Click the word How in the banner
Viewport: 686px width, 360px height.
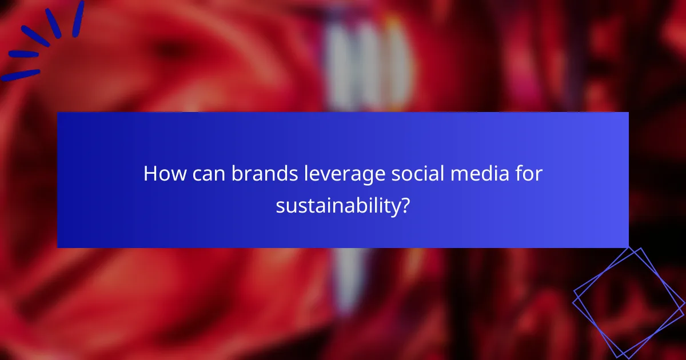(x=161, y=174)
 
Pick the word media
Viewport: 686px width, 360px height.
(x=478, y=174)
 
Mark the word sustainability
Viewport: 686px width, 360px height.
(x=337, y=206)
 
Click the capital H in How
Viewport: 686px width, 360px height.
(x=150, y=174)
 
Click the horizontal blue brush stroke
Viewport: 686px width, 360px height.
(x=23, y=54)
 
